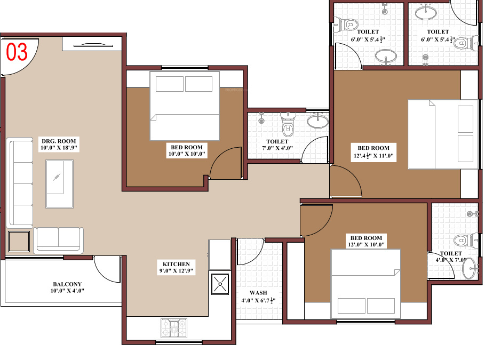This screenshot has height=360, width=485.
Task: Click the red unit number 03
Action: click(x=17, y=52)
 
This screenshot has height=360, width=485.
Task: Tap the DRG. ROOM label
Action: click(x=59, y=141)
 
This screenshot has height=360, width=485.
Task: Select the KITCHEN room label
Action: click(x=176, y=264)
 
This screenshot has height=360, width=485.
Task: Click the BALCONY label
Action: click(x=67, y=284)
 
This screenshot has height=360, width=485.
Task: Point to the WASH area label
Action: click(x=258, y=293)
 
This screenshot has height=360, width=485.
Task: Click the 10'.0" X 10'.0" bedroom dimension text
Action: click(x=186, y=154)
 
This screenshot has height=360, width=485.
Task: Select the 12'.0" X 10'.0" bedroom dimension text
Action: click(x=366, y=245)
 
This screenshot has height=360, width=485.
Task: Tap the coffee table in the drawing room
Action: click(x=59, y=183)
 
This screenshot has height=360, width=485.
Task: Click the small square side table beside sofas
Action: click(x=19, y=242)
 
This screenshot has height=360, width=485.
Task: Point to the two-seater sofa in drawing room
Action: click(x=59, y=239)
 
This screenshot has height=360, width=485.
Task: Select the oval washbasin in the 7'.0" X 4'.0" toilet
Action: click(x=318, y=121)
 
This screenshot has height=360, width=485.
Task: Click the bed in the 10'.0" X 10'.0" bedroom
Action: click(x=185, y=106)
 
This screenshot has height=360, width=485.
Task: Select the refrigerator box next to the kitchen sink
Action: click(x=219, y=254)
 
